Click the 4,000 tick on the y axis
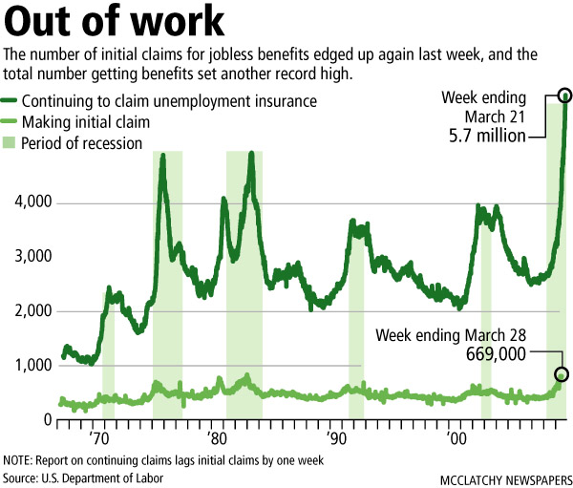27,203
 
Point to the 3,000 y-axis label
27,257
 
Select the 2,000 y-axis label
27,311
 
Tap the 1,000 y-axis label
27,366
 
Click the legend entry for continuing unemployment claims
167,100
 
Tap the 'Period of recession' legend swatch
11,143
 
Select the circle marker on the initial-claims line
562,374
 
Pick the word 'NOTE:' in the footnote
19,459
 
